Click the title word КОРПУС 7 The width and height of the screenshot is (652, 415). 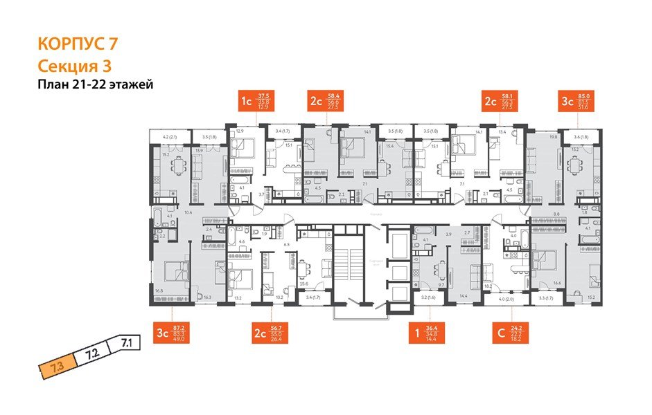pos(76,44)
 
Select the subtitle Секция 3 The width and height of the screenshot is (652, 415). pos(73,66)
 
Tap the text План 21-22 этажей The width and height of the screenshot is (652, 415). pos(94,84)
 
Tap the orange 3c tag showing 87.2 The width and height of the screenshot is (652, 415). pos(172,333)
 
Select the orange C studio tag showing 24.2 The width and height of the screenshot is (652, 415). pos(508,333)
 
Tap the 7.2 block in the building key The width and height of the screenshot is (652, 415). pos(91,356)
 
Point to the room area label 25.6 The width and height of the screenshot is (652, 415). pos(303,284)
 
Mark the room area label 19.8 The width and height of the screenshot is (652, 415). pos(553,137)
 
